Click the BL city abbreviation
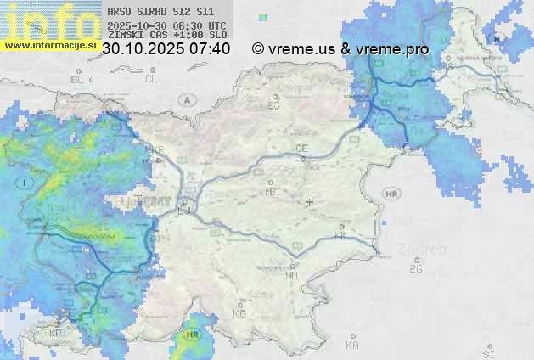[79, 79]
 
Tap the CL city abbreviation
[151, 79]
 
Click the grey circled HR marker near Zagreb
[391, 194]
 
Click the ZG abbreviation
[415, 269]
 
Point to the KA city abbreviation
[352, 346]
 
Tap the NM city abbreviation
[292, 275]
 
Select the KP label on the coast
[56, 334]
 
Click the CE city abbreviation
[301, 149]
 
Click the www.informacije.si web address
[50, 45]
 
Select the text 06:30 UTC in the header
[189, 26]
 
